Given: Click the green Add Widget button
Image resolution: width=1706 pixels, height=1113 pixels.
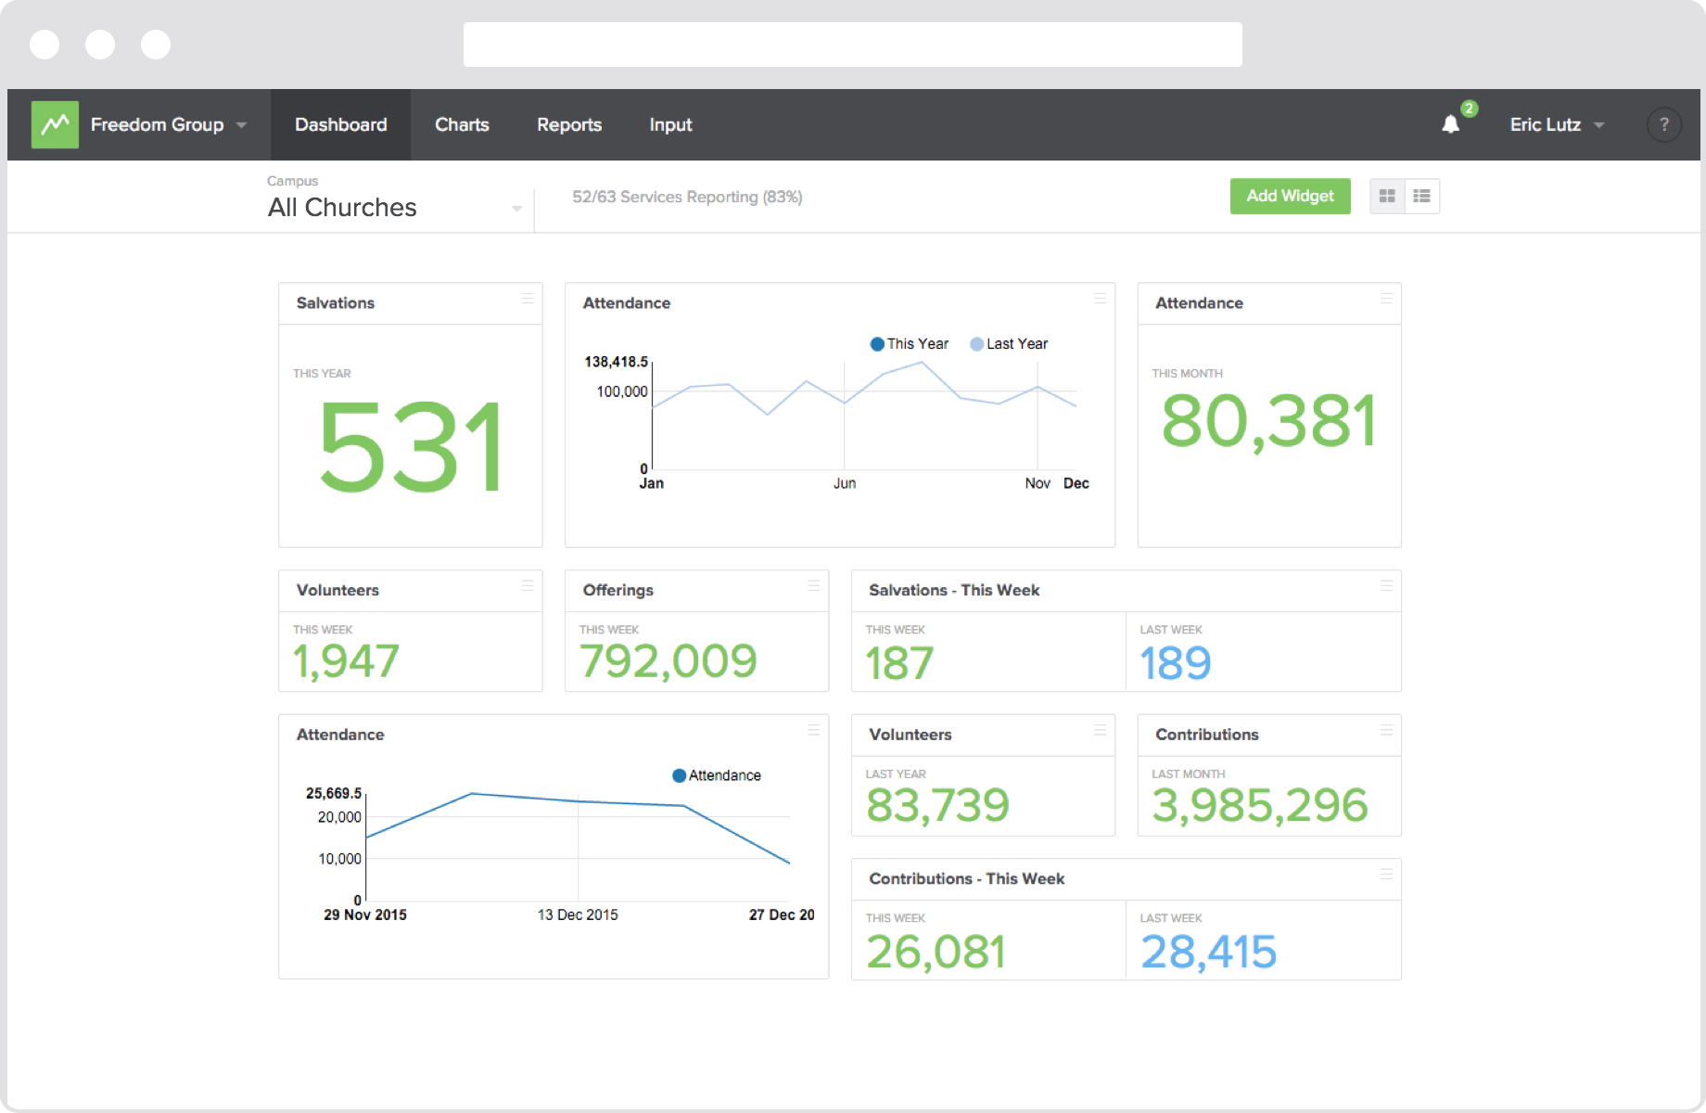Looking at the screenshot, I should [1289, 196].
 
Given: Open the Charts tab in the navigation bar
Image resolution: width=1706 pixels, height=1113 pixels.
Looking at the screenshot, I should [462, 124].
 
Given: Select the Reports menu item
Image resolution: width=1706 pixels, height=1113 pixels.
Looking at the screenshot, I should [569, 124].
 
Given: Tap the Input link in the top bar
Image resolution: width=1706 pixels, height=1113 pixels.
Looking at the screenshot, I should [670, 124].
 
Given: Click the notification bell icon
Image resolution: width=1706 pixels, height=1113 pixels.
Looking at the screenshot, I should [1450, 124].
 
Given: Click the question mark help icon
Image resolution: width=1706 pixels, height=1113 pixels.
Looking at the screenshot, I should [1663, 124].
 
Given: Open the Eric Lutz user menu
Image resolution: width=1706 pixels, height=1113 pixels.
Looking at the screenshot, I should [1555, 124].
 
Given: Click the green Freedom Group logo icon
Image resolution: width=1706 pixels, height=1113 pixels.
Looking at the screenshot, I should [55, 124].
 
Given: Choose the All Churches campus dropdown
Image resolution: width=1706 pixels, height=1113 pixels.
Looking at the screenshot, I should [394, 207].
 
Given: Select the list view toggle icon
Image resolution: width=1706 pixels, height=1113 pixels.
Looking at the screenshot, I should [1421, 196].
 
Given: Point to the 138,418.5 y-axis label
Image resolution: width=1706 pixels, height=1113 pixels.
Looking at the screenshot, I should [616, 362].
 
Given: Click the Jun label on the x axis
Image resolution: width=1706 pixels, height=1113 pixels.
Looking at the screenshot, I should [844, 483].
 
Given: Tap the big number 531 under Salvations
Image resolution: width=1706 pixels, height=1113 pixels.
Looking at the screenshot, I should [411, 448].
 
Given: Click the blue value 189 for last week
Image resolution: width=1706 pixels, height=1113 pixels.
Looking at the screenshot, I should [1175, 663].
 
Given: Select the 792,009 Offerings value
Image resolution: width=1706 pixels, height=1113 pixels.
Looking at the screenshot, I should [668, 661].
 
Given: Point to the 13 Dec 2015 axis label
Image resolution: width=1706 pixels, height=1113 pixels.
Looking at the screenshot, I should [577, 915].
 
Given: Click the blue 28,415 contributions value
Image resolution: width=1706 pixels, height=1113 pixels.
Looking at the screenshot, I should [1208, 952].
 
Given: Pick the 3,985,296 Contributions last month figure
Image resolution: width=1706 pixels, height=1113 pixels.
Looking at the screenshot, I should [1259, 805].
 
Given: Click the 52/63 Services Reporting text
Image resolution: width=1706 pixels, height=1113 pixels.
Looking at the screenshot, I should [686, 197].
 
